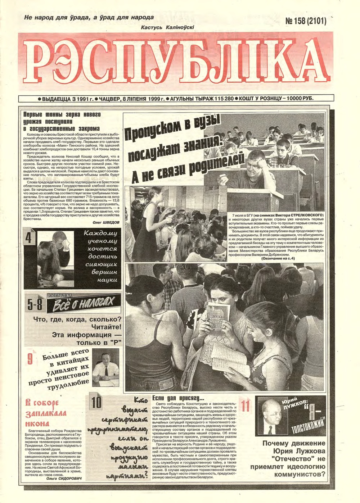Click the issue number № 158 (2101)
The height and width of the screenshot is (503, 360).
(x=306, y=21)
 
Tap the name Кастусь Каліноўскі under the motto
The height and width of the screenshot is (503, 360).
(x=168, y=27)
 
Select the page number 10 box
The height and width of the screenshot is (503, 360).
(x=96, y=403)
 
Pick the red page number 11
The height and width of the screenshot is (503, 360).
(x=246, y=406)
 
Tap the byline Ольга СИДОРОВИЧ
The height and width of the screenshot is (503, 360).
(x=67, y=478)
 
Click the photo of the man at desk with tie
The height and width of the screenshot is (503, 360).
(x=105, y=367)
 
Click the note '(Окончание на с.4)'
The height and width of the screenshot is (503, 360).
(x=278, y=258)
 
